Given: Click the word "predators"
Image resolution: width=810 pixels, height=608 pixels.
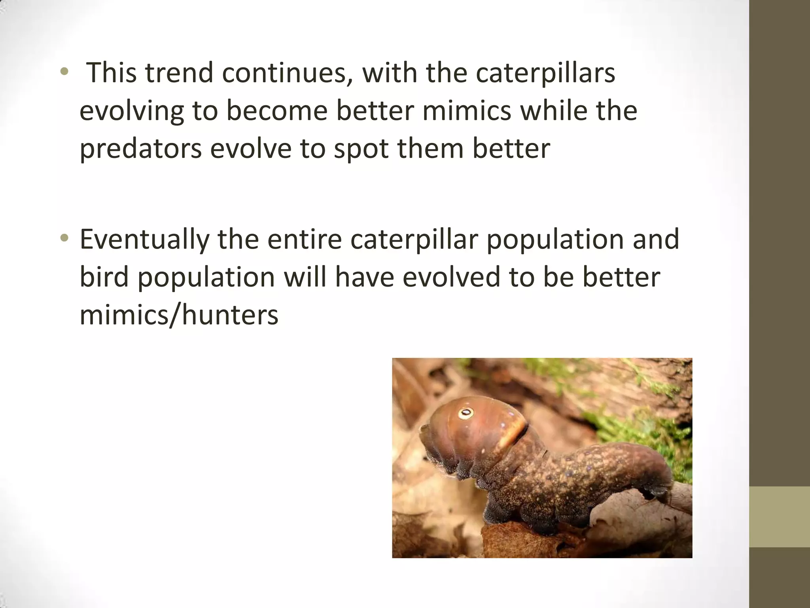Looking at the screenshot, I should [x=140, y=149].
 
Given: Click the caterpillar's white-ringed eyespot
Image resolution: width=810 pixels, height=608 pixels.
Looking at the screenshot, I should [x=466, y=413].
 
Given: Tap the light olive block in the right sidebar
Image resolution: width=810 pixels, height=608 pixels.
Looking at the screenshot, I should [x=780, y=517].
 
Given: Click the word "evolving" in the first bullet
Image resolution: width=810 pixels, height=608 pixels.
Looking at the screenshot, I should [x=132, y=110].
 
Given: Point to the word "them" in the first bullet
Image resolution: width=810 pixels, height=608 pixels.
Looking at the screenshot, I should [x=430, y=149].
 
